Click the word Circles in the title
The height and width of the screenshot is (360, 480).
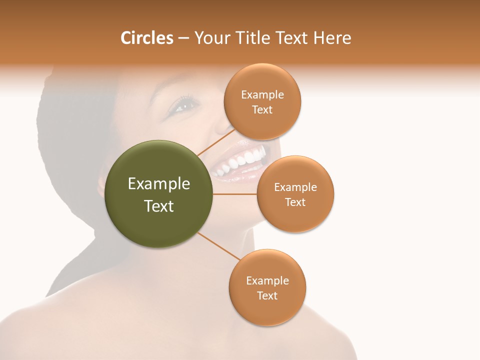[x=147, y=38]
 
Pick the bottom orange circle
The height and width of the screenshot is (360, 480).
[x=267, y=310]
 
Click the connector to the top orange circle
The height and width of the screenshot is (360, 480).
[x=216, y=142]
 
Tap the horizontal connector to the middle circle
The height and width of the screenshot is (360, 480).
[x=235, y=194]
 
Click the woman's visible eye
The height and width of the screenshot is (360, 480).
[x=185, y=105]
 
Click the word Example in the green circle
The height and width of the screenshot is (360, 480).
[x=159, y=184]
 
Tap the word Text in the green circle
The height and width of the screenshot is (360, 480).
[x=159, y=206]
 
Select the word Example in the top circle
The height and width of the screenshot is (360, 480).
[x=262, y=95]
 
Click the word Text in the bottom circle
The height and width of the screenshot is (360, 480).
[x=267, y=295]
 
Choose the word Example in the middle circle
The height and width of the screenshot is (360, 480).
[x=295, y=187]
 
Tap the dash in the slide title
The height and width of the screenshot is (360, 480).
[x=183, y=38]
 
